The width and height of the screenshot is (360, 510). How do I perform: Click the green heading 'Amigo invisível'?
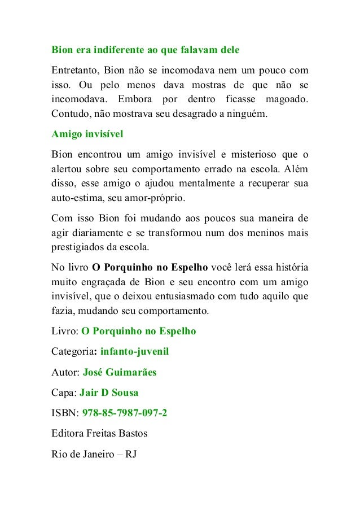(x=87, y=134)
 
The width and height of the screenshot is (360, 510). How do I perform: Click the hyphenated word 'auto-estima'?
(x=74, y=198)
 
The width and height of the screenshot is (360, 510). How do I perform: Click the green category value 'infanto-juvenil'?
(x=135, y=352)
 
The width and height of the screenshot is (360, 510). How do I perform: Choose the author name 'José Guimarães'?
(x=120, y=372)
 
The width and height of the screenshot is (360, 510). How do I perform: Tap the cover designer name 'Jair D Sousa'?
(x=108, y=393)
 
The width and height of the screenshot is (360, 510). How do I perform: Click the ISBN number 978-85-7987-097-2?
(x=125, y=413)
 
